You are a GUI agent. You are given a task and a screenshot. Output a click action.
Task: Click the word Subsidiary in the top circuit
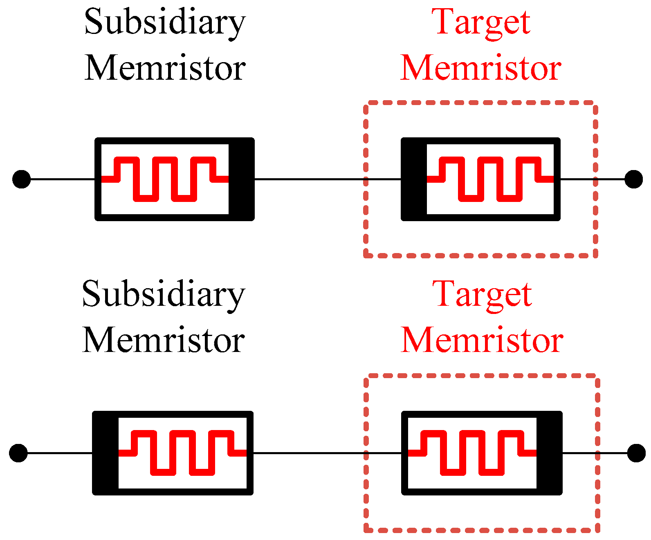[164, 22]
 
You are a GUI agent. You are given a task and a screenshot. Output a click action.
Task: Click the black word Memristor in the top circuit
[165, 68]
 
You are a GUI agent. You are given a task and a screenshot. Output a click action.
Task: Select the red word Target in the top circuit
[483, 22]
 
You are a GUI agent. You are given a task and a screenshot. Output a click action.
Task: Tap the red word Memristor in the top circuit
[481, 68]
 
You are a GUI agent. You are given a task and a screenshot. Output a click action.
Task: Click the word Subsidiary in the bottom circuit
[163, 295]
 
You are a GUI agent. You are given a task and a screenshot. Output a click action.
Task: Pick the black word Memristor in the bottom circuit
[164, 341]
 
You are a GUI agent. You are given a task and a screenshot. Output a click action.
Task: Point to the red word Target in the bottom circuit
[483, 295]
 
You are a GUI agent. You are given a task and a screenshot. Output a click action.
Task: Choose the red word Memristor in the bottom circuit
[482, 341]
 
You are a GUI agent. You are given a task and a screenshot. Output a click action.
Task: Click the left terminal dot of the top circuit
[21, 179]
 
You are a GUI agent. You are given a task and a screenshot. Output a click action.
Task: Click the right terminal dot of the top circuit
[633, 179]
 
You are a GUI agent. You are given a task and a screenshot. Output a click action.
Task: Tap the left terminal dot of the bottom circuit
[18, 453]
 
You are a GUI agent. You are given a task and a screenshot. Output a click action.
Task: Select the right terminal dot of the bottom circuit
[636, 453]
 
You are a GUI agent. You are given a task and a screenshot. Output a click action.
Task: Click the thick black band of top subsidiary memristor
[241, 179]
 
